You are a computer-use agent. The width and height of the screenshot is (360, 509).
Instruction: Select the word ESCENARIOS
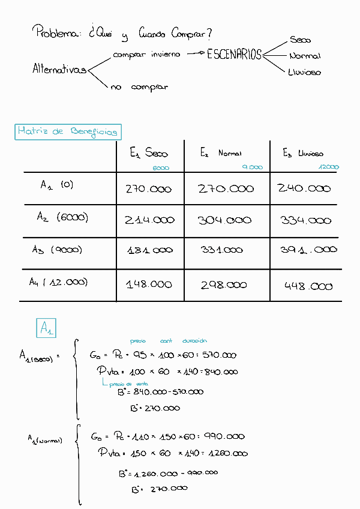click(235, 55)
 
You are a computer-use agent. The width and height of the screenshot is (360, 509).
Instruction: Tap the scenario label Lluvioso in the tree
click(304, 72)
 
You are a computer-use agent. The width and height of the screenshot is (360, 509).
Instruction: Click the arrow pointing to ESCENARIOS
click(195, 54)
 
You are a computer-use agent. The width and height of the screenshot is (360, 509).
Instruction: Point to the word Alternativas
click(59, 70)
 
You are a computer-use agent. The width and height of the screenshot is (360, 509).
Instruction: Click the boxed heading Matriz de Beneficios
click(67, 131)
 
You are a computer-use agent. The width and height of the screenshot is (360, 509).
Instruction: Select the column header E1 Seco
click(149, 154)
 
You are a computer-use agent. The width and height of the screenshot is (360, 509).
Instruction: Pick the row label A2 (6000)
click(62, 218)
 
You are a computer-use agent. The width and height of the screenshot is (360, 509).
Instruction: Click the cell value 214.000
click(149, 220)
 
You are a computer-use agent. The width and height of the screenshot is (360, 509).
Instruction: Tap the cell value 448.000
click(308, 286)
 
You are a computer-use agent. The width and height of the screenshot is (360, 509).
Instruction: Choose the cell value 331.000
click(221, 250)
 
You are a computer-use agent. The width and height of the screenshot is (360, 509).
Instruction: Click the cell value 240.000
click(304, 188)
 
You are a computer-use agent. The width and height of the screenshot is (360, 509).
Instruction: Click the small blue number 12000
click(329, 167)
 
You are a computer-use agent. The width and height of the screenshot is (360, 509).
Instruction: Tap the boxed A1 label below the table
click(46, 328)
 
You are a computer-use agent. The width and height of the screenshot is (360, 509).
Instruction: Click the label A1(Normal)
click(45, 440)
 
